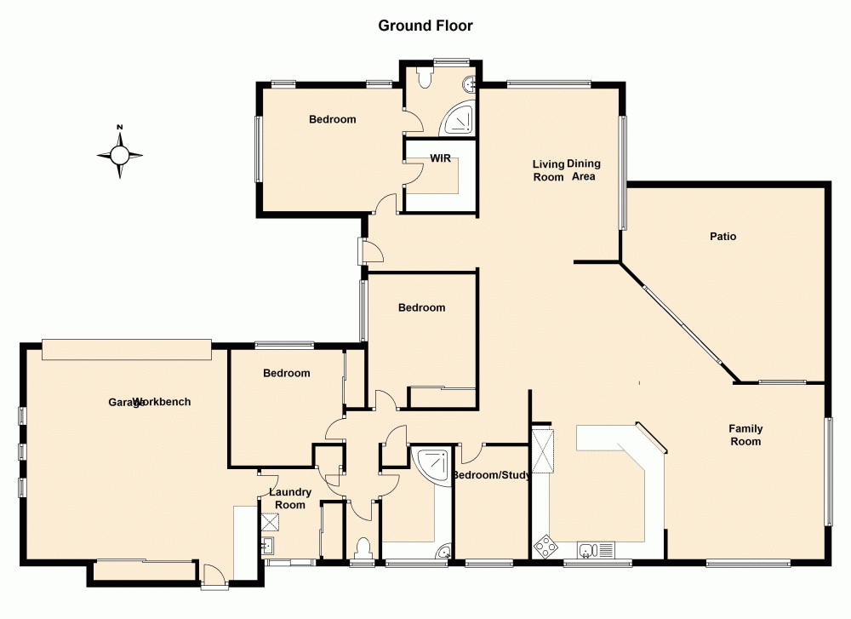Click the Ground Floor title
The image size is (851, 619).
pos(425,26)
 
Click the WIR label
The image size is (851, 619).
pos(440,158)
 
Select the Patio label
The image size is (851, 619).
pos(723,236)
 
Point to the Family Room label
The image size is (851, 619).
pos(745,435)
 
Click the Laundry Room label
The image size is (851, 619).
pos(289,498)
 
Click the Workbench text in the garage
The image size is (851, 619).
pos(168,402)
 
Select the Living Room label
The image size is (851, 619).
pos(548,170)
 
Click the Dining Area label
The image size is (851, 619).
pos(584,170)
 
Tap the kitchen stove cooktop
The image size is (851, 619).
pos(543,544)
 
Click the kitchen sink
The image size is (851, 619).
pos(590,547)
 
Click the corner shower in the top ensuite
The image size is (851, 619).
pos(458,120)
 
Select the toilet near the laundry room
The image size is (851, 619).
pos(363,547)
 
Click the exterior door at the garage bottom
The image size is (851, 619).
pos(214,579)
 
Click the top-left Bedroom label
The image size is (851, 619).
pos(332,119)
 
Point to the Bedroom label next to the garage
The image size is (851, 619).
pos(286,373)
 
